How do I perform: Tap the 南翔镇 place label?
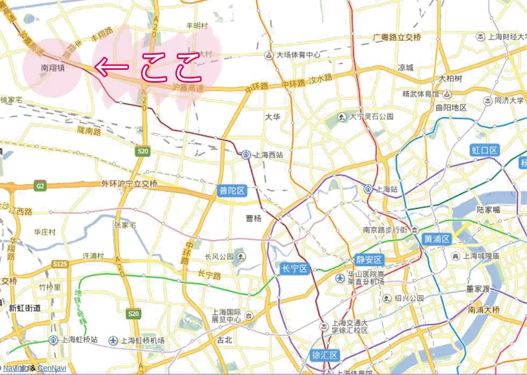[x=53, y=69]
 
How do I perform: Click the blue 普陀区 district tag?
[x=232, y=191]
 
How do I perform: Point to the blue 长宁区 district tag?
[x=294, y=269]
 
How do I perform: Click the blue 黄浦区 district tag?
[x=436, y=239]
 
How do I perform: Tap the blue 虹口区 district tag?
[x=485, y=150]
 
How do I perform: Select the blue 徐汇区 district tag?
[x=326, y=355]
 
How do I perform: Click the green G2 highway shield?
[x=40, y=186]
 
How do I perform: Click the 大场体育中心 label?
[x=298, y=55]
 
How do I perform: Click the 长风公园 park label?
[x=219, y=256]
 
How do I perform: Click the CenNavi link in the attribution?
[x=52, y=368]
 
